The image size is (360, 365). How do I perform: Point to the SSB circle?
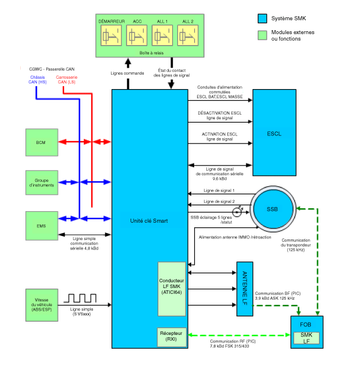click(x=272, y=209)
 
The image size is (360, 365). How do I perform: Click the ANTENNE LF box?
click(x=245, y=289)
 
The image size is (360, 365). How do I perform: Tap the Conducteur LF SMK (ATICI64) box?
click(x=172, y=289)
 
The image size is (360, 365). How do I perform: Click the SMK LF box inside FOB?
click(x=306, y=338)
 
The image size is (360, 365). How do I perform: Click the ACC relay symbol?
click(x=137, y=36)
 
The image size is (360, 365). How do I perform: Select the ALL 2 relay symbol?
click(x=188, y=36)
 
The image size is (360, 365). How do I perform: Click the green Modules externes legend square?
click(x=262, y=35)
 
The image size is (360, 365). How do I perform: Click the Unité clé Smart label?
click(x=149, y=221)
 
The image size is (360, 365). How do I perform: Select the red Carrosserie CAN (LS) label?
click(x=66, y=80)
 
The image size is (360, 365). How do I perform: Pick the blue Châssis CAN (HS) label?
click(x=38, y=80)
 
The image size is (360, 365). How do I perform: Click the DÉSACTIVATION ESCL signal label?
click(x=220, y=115)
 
